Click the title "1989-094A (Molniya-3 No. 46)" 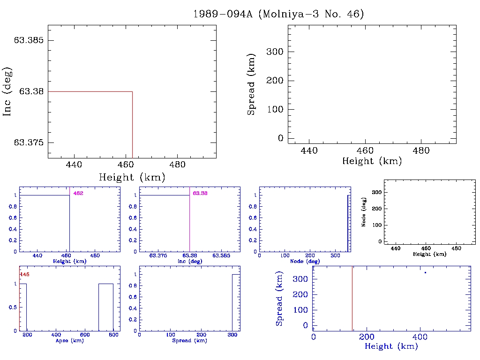(278, 14)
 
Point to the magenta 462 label (78, 193)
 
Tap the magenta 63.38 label (200, 193)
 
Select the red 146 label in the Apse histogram (24, 274)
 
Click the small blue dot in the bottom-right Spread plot (425, 272)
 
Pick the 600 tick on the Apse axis (85, 335)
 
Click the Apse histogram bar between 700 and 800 (106, 307)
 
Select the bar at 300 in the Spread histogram (236, 302)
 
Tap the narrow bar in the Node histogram (347, 223)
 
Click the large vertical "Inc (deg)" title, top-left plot (7, 91)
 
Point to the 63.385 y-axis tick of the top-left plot (29, 40)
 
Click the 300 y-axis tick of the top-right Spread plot (274, 52)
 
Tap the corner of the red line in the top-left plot (133, 91)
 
